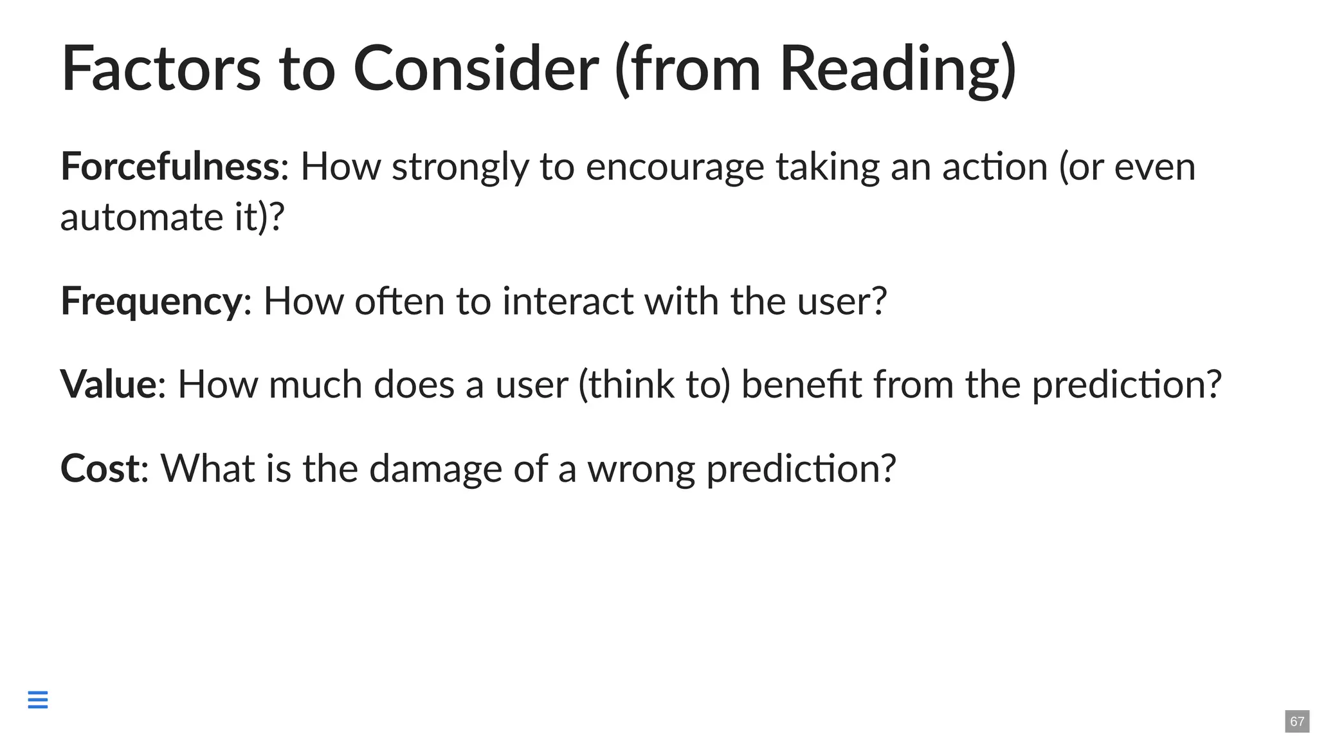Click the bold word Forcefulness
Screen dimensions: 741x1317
click(169, 167)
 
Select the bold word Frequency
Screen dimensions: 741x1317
click(151, 301)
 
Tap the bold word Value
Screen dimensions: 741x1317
click(108, 385)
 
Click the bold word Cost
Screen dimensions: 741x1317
click(100, 468)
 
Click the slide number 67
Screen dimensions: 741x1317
click(1297, 721)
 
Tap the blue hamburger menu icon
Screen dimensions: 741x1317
click(38, 699)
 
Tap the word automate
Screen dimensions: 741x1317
click(141, 217)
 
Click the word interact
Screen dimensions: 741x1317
click(567, 301)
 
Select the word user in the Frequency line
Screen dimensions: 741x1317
click(835, 301)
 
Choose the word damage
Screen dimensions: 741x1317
click(435, 468)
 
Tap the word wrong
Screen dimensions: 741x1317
click(641, 470)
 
